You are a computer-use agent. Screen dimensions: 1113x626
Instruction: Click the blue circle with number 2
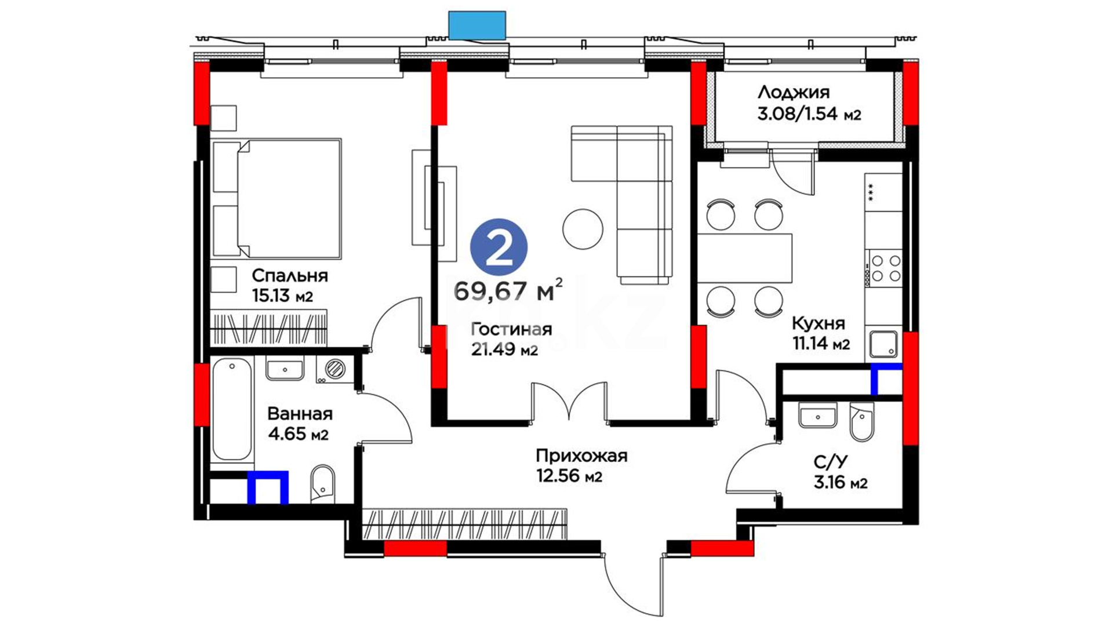click(499, 247)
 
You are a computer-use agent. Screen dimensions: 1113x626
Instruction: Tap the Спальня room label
click(290, 275)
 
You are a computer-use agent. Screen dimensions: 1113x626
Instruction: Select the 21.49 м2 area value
click(504, 350)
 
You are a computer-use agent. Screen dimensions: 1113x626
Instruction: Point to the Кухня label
click(818, 323)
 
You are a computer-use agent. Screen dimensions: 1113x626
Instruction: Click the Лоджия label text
click(793, 92)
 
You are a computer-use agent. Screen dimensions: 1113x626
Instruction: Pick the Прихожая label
click(581, 456)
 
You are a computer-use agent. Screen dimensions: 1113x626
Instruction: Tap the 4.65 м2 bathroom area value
click(298, 434)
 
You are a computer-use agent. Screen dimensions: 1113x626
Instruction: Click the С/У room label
click(830, 462)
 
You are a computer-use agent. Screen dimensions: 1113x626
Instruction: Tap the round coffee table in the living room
click(583, 229)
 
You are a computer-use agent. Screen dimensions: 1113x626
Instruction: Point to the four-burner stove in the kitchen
click(884, 268)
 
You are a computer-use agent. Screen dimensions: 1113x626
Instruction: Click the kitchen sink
click(883, 344)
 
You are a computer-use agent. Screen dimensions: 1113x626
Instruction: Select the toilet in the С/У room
click(861, 422)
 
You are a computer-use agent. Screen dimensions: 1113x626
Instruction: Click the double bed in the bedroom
click(277, 198)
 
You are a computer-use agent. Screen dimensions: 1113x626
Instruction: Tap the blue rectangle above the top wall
click(477, 25)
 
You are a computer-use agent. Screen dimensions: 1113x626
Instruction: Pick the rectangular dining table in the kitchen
click(744, 258)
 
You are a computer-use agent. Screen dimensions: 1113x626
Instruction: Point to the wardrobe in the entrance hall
click(464, 524)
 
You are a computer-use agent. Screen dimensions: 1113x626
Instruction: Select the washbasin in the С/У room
click(818, 416)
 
